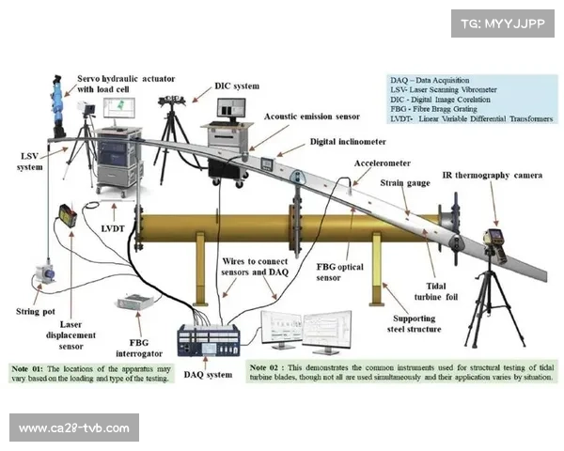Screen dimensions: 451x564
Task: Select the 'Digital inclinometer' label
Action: click(x=350, y=143)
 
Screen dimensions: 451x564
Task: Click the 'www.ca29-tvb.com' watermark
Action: click(x=74, y=428)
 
